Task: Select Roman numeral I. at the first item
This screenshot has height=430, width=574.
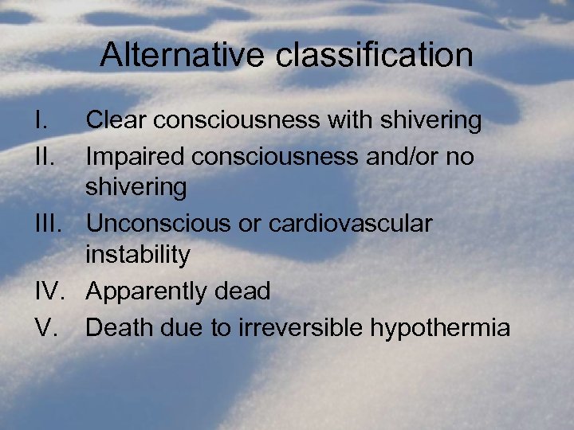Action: (x=42, y=120)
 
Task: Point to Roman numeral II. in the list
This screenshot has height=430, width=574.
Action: (x=45, y=156)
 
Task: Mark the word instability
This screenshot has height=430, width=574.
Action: (x=138, y=256)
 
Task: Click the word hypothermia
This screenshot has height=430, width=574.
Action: (x=435, y=327)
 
